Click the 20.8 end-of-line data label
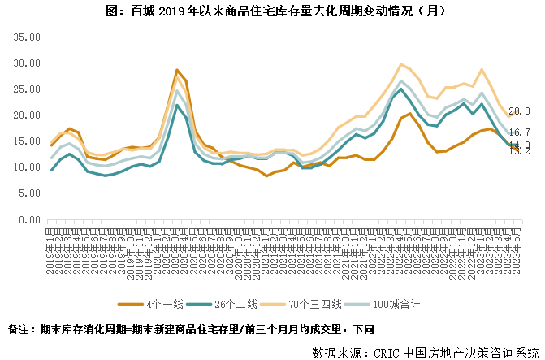click(x=519, y=111)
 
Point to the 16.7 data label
click(x=519, y=132)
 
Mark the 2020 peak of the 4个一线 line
click(x=176, y=71)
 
